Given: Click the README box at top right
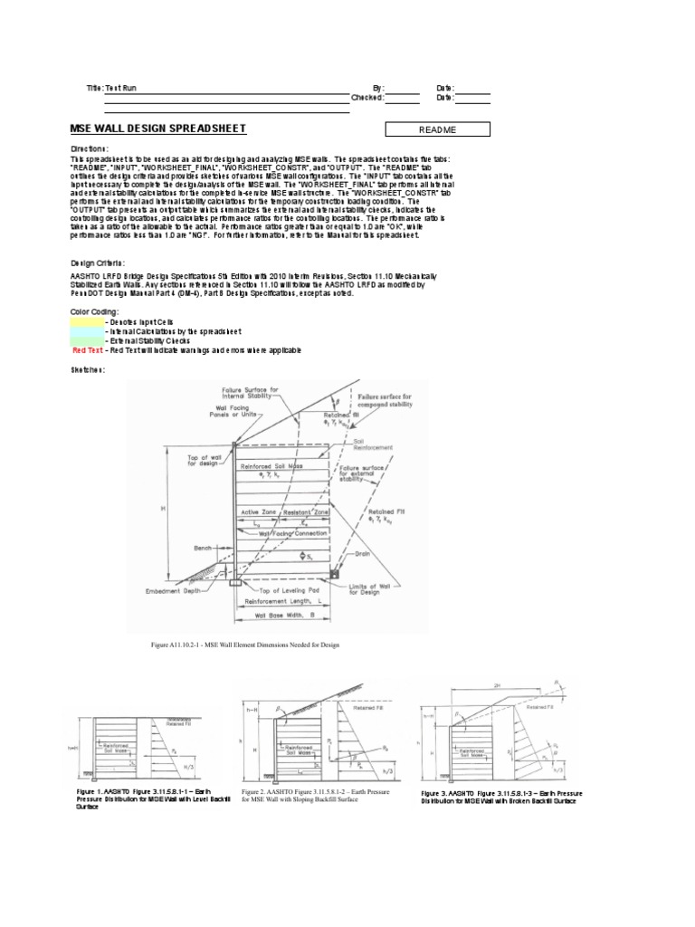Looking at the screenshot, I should click(x=437, y=129).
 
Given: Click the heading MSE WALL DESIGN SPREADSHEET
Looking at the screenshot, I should click(x=157, y=129).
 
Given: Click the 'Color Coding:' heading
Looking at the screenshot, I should click(x=94, y=310).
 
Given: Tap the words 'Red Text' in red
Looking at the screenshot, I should click(x=87, y=349).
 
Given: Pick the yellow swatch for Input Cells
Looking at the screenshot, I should click(x=87, y=321).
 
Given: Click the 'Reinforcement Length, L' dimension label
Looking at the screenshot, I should click(x=286, y=601).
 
